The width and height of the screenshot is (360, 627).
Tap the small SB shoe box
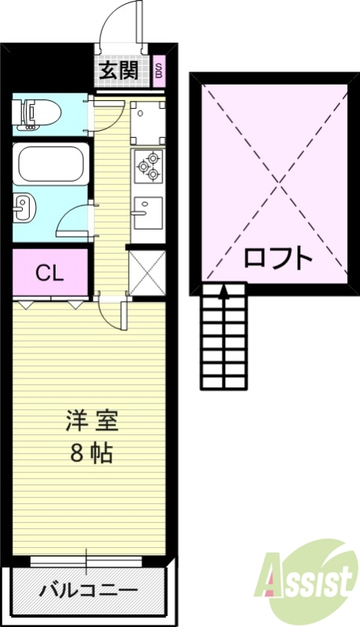point(158,72)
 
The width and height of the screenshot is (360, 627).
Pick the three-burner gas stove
point(147,165)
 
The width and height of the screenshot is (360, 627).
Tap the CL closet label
point(49,274)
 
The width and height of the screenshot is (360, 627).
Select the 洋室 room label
point(91,421)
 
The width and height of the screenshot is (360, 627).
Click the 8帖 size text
point(91,452)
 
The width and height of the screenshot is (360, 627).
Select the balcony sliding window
point(86,560)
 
